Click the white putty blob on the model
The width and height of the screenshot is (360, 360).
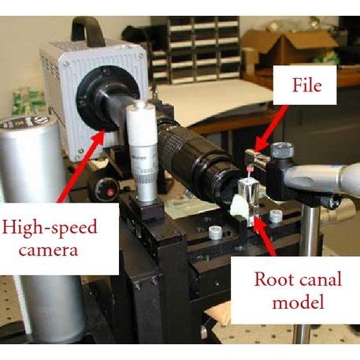point(237,207)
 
